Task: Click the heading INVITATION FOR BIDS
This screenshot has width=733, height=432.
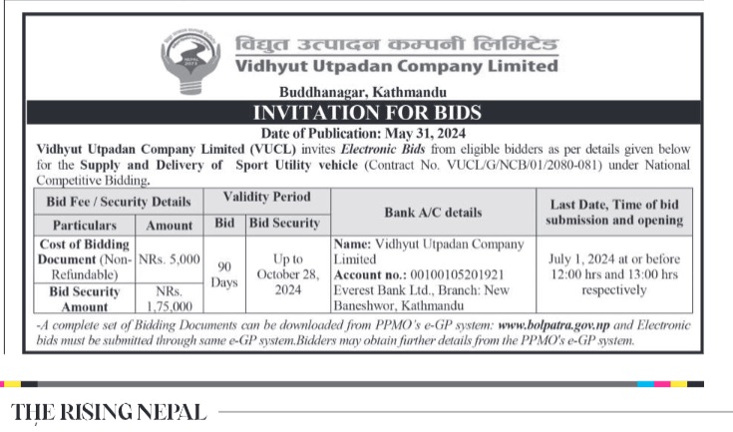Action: click(368, 112)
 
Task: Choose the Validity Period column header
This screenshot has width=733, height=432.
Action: click(266, 198)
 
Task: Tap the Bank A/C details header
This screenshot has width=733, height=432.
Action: click(432, 212)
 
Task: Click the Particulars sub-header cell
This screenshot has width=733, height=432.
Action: click(85, 225)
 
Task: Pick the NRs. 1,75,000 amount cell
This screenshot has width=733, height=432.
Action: click(169, 298)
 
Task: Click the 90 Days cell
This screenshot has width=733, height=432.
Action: click(223, 274)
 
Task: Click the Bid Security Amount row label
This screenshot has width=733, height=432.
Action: click(84, 298)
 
